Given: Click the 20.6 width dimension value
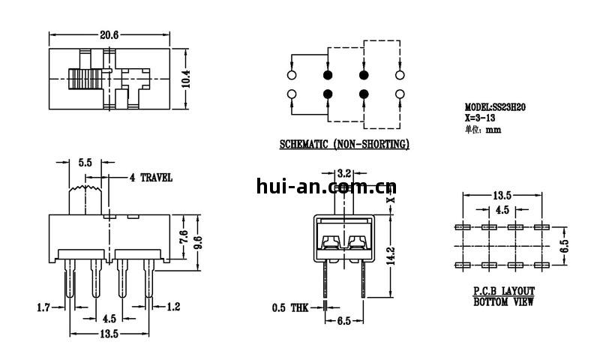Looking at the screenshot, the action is click(109, 35).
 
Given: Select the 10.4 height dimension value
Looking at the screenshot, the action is click(186, 79).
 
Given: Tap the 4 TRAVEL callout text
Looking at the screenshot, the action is click(151, 178).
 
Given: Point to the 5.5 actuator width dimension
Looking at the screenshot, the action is click(85, 163).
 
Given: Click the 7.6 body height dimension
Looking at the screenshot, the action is click(184, 237).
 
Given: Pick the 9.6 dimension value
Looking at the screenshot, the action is click(198, 243).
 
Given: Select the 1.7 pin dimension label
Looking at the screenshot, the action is click(43, 307).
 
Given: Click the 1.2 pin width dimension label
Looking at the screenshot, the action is click(173, 307).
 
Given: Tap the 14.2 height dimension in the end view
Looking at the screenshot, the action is click(390, 256).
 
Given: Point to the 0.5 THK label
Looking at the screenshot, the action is click(290, 307).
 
